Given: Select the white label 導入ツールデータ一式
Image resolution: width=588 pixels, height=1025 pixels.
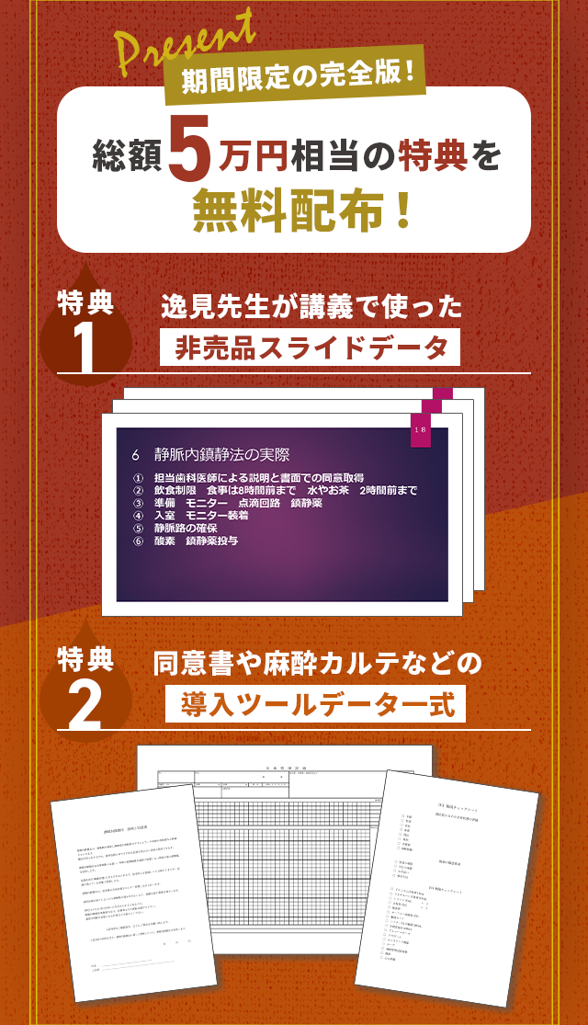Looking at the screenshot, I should pos(316,705).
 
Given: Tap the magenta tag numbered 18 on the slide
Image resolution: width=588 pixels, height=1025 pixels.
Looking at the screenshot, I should pos(420,430).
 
